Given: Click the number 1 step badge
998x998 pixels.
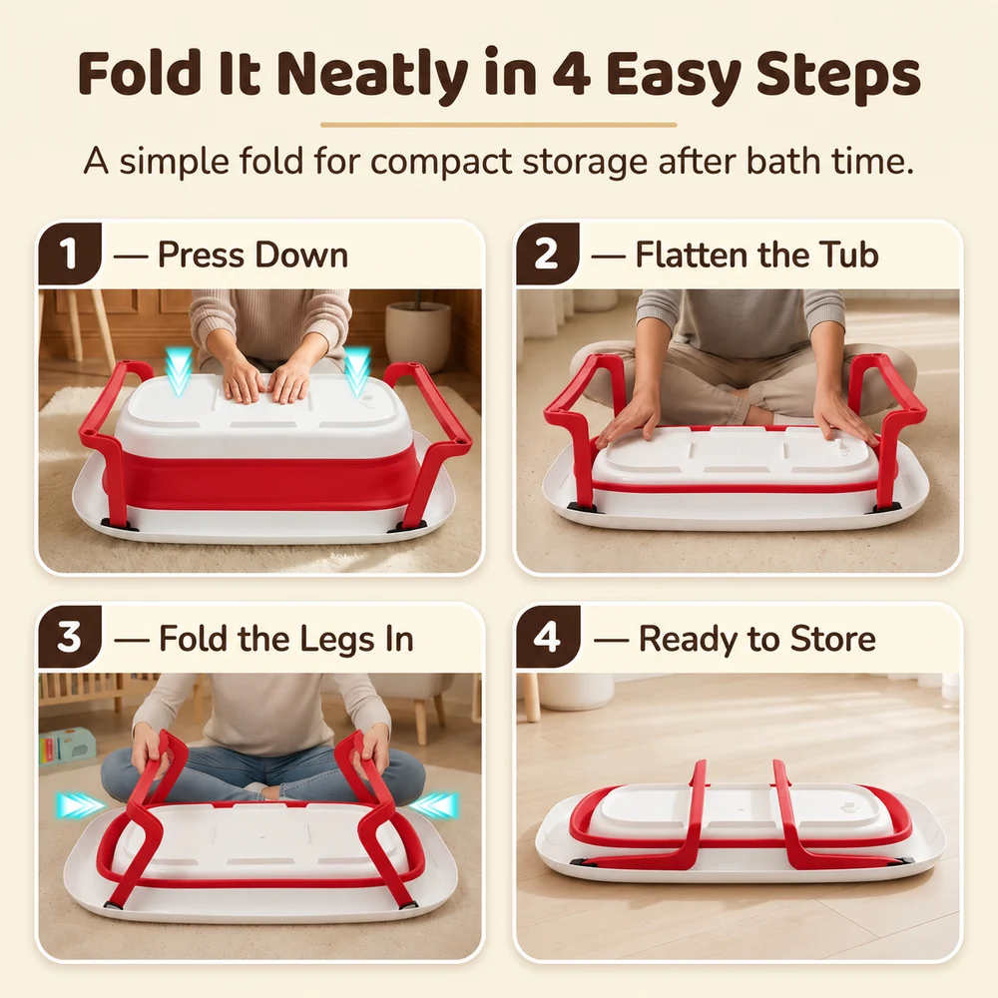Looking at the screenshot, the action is pyautogui.click(x=69, y=253).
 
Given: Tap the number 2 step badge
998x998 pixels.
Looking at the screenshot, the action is pyautogui.click(x=547, y=253).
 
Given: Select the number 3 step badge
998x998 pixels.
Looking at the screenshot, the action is pyautogui.click(x=69, y=637).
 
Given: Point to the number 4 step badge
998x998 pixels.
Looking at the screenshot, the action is pyautogui.click(x=547, y=637).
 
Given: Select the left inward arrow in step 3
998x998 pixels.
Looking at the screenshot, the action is pyautogui.click(x=79, y=805).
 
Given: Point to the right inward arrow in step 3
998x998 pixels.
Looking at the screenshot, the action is pyautogui.click(x=433, y=805).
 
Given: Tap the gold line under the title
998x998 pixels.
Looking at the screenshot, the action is pyautogui.click(x=498, y=125).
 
